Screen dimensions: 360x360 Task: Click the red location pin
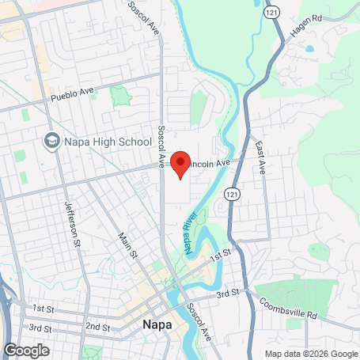180,164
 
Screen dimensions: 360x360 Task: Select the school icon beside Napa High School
52,141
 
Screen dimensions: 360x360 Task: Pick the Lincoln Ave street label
210,161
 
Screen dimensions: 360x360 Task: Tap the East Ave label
260,157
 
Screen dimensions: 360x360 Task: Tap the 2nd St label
97,326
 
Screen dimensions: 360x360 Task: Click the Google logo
26,350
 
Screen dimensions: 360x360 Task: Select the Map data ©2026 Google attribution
310,354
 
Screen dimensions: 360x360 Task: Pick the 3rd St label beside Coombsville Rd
229,294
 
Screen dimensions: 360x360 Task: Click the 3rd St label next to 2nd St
40,327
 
